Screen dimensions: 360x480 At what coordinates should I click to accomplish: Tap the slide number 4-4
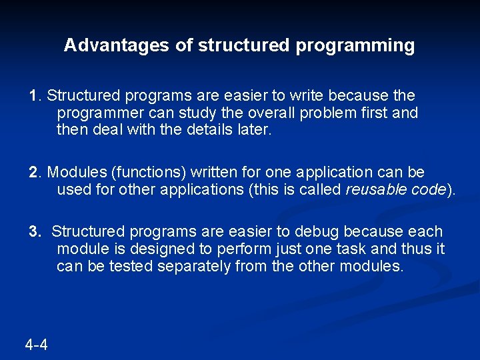click(36, 345)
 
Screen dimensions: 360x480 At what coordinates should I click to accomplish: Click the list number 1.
click(33, 96)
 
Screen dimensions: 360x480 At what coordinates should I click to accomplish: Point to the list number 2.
click(33, 173)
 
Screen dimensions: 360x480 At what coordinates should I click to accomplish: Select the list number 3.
click(33, 231)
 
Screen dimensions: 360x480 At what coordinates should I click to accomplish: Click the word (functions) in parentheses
click(143, 173)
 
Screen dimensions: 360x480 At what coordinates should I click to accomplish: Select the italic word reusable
click(375, 189)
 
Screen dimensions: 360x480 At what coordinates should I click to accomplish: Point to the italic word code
click(427, 189)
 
